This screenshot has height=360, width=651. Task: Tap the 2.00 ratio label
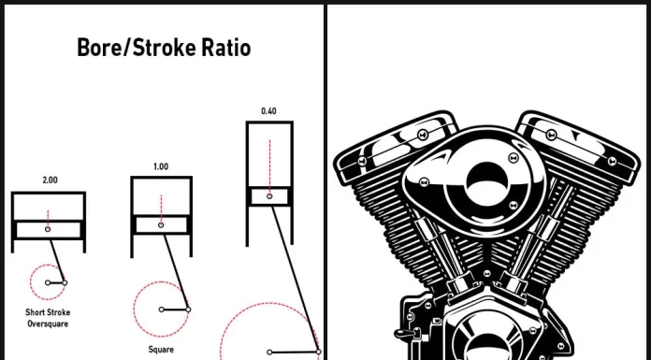point(50,180)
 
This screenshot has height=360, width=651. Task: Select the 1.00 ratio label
point(161,167)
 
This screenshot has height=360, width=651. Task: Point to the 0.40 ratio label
point(268,111)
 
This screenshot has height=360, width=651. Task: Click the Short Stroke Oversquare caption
point(48,318)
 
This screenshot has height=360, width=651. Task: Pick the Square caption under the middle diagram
point(161,350)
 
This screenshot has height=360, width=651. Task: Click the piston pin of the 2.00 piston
point(48,229)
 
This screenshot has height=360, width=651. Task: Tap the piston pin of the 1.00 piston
point(161,225)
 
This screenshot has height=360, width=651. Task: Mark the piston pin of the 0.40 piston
point(269,196)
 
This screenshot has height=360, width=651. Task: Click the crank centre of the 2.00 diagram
point(48,282)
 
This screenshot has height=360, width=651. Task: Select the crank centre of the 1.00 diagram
point(162,310)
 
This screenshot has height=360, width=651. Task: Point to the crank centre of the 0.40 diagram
point(269,353)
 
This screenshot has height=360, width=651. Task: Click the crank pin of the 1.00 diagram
point(188,310)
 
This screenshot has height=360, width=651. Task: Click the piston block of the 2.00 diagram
point(48,230)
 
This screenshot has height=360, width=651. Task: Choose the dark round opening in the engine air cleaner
point(486,182)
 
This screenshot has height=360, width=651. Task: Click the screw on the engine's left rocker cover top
point(423,135)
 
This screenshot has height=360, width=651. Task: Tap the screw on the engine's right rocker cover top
point(551,135)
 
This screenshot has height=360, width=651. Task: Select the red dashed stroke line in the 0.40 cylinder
point(270,166)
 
